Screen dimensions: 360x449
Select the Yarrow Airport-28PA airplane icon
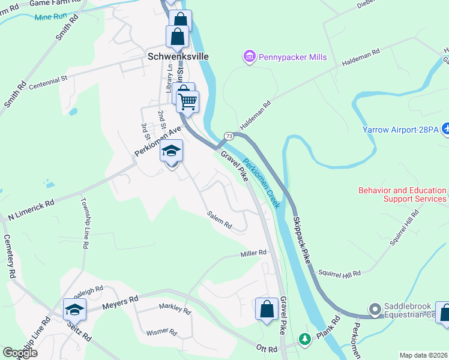(445, 128)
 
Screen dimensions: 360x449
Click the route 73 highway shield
(229, 137)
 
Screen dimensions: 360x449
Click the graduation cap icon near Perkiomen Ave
(171, 151)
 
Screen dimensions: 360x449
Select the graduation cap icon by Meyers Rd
(75, 310)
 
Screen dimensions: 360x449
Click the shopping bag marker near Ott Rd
(267, 309)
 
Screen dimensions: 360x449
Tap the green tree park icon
(306, 340)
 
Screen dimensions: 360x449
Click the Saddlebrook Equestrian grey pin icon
(375, 310)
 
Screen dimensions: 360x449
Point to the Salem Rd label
(219, 220)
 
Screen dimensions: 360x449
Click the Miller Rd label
(253, 253)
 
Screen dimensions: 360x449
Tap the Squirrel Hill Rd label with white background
(339, 273)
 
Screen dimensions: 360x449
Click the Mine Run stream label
(51, 17)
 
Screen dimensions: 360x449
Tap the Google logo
(20, 353)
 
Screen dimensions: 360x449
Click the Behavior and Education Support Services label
(402, 194)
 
